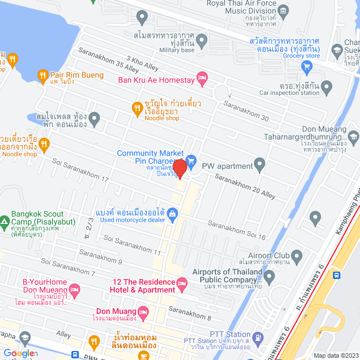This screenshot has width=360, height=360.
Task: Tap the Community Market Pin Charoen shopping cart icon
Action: coord(191,160)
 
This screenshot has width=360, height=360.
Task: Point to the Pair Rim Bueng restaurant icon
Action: coord(43,75)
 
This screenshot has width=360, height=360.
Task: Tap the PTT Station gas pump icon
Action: coord(258,337)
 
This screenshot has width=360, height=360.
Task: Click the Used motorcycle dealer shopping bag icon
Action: coord(172,213)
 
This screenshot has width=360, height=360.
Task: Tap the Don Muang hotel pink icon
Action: coord(143,311)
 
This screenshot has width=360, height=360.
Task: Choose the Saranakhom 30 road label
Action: coord(245,110)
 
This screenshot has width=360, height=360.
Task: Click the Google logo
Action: coord(20,353)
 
